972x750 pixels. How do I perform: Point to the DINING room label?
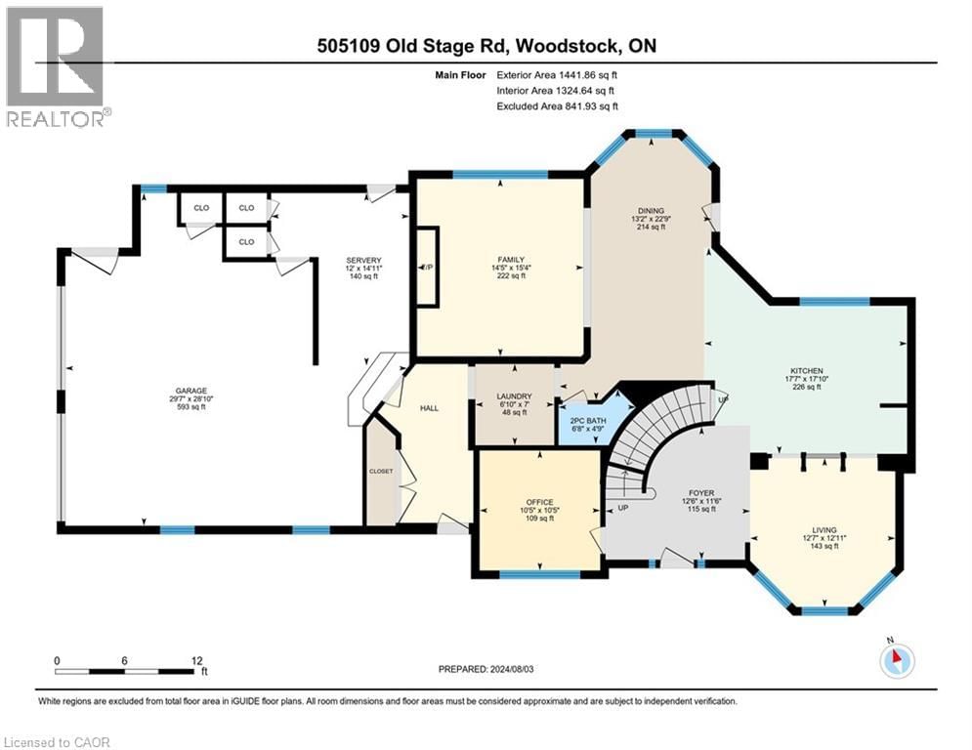tap(651, 211)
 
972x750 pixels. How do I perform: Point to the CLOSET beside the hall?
tap(380, 471)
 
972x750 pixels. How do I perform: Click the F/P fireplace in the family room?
tap(427, 268)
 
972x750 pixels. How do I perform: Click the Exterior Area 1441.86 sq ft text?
tap(556, 74)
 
